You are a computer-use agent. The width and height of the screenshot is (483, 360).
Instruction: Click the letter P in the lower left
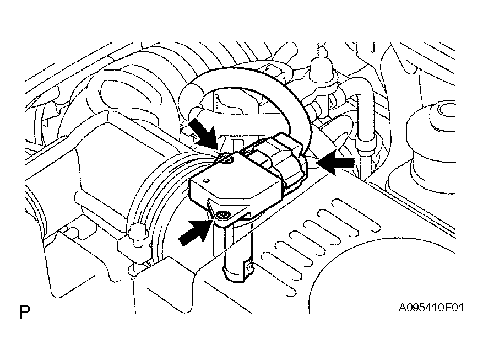pyautogui.click(x=24, y=313)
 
